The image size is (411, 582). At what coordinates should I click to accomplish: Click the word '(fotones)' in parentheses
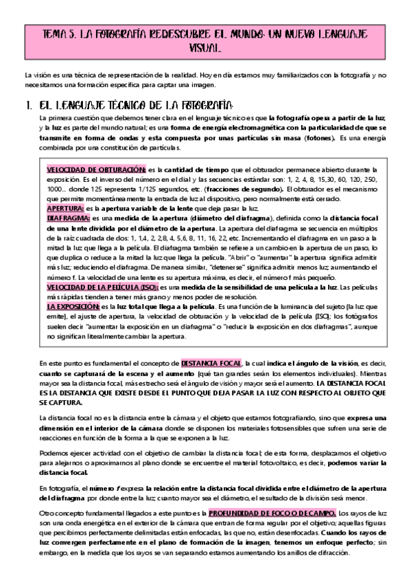(316, 138)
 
